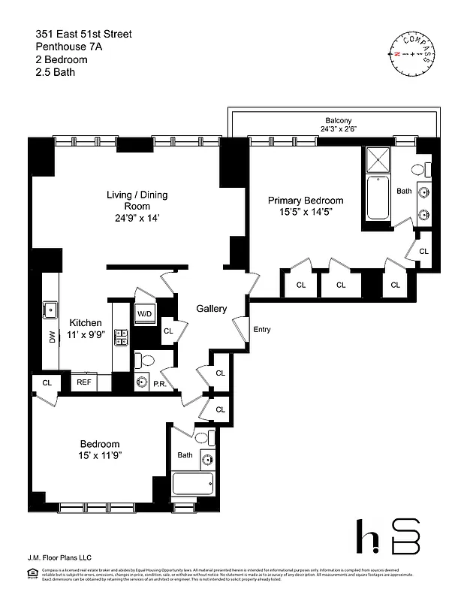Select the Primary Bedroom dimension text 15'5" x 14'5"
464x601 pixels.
pyautogui.click(x=306, y=213)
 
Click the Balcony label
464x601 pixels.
pyautogui.click(x=338, y=120)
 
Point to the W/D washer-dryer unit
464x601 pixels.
pyautogui.click(x=144, y=313)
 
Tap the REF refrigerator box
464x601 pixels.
pyautogui.click(x=84, y=382)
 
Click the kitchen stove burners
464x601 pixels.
pyautogui.click(x=120, y=337)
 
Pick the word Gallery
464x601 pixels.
pyautogui.click(x=211, y=309)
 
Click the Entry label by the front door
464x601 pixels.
pyautogui.click(x=262, y=330)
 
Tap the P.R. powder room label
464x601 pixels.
pyautogui.click(x=159, y=383)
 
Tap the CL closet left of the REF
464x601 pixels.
pyautogui.click(x=47, y=382)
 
